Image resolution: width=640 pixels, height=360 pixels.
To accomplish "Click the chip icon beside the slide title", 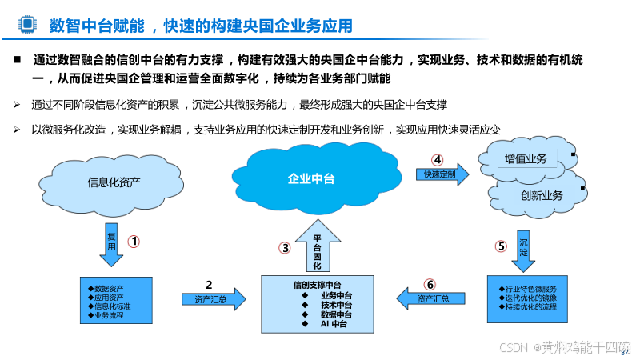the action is [x=27, y=26].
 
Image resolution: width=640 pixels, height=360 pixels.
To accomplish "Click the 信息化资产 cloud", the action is [x=113, y=182].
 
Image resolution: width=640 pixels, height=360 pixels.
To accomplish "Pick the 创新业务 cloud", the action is [x=541, y=195].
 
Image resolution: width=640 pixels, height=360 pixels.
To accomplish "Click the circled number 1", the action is [x=134, y=240].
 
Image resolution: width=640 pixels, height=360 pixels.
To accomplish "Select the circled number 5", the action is [x=502, y=246].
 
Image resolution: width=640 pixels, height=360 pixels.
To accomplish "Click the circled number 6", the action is [x=430, y=283].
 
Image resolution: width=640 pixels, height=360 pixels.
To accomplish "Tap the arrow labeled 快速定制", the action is [x=441, y=174].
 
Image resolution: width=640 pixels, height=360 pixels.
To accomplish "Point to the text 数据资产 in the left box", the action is [x=111, y=288].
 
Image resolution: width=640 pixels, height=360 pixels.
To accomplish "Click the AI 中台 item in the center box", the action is [x=334, y=324].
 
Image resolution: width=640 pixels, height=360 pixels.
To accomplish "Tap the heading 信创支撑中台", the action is [x=318, y=285].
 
